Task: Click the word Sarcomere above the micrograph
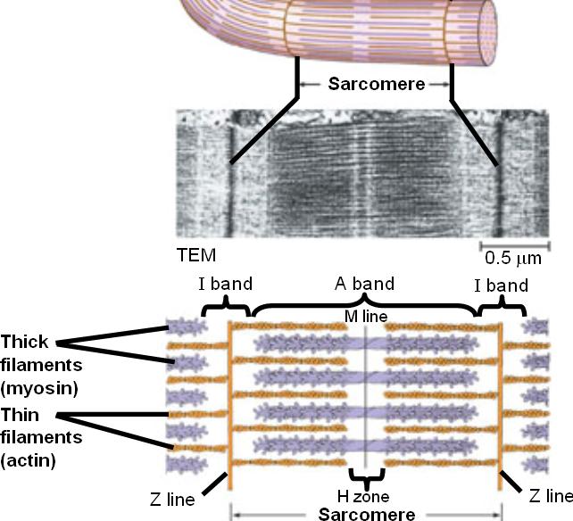point(375,85)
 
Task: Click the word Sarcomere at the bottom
point(367,514)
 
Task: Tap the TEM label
point(196,255)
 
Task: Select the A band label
point(364,284)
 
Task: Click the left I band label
point(224,285)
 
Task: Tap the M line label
point(365,318)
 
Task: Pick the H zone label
point(367,496)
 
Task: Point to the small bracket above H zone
point(367,476)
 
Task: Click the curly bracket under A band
point(364,308)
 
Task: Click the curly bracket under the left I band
point(227,308)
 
